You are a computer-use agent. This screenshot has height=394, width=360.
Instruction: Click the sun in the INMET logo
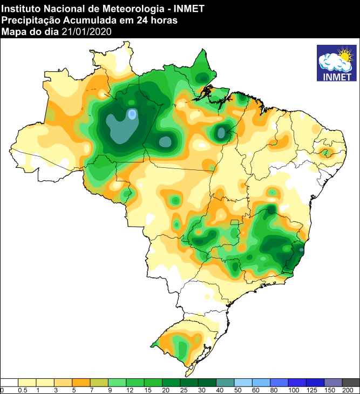345,55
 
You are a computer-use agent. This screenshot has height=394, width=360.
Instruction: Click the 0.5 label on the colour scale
23,390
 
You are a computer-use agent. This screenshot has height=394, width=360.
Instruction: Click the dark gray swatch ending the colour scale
351,382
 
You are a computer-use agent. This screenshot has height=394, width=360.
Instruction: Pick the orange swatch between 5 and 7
81,382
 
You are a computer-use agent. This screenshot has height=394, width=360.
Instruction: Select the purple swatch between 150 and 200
333,382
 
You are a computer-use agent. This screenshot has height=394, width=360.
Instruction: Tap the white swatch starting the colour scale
10,382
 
